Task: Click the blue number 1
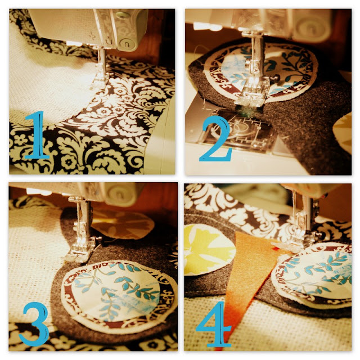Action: pyautogui.click(x=37, y=136)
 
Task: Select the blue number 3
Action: pyautogui.click(x=34, y=324)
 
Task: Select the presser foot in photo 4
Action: pyautogui.click(x=296, y=238)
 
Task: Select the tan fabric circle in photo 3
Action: pyautogui.click(x=123, y=225)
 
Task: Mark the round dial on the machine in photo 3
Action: pyautogui.click(x=119, y=194)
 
